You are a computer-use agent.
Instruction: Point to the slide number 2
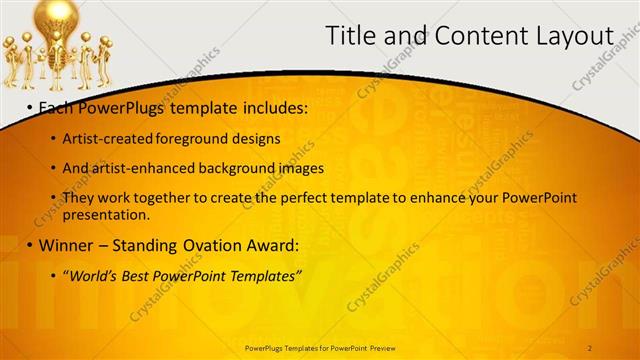pos(590,346)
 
